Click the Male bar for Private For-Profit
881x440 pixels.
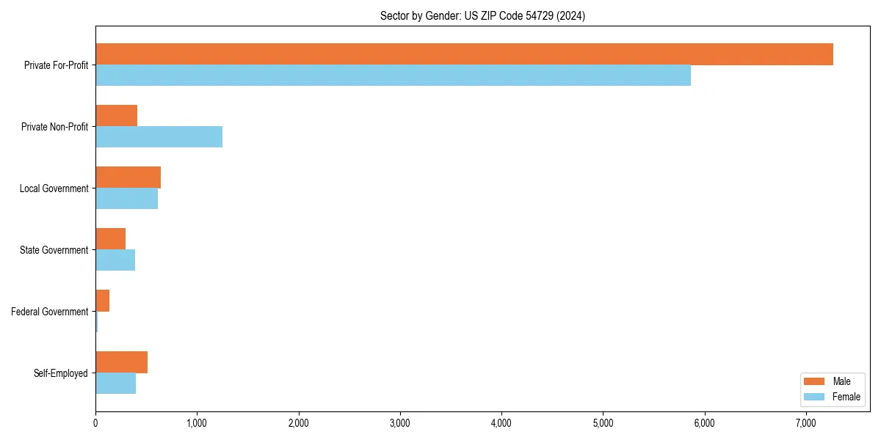coord(464,54)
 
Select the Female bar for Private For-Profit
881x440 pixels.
coord(393,76)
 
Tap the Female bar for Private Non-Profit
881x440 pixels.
coord(159,137)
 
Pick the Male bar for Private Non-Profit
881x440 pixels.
coord(116,116)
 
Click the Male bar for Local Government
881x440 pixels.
coord(128,177)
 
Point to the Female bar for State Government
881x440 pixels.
coord(115,260)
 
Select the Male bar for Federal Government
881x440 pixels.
coord(102,301)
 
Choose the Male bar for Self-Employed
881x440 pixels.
coord(121,362)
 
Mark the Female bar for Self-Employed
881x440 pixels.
coord(115,384)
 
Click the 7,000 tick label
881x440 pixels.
coord(806,423)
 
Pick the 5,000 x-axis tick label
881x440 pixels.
coord(603,423)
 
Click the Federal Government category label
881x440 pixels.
coord(50,312)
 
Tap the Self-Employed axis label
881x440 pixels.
coord(61,373)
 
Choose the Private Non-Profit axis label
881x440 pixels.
coord(54,127)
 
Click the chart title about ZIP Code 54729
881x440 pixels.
coord(482,15)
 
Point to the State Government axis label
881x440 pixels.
coord(54,250)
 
